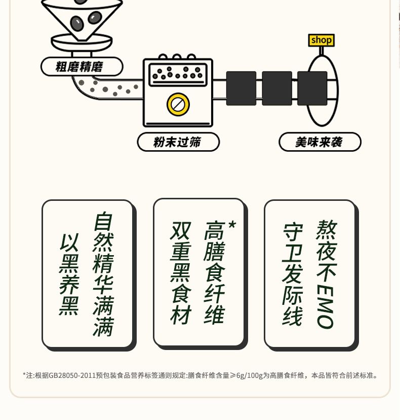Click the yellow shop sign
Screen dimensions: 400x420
(321, 40)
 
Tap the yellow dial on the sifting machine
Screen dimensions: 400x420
(178, 104)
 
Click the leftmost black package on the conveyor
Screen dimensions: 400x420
(241, 88)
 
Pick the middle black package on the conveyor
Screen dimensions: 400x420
(277, 88)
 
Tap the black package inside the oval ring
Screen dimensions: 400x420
(312, 88)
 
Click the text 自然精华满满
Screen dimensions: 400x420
(103, 274)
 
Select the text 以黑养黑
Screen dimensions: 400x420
(69, 274)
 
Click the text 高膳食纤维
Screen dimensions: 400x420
(215, 272)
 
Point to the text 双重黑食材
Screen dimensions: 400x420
(181, 273)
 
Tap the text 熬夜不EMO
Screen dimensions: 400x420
(326, 274)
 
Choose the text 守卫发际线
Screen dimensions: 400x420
(293, 273)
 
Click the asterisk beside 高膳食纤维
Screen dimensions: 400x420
(232, 225)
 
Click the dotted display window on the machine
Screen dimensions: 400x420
(178, 75)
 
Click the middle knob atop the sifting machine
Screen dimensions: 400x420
(177, 56)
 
